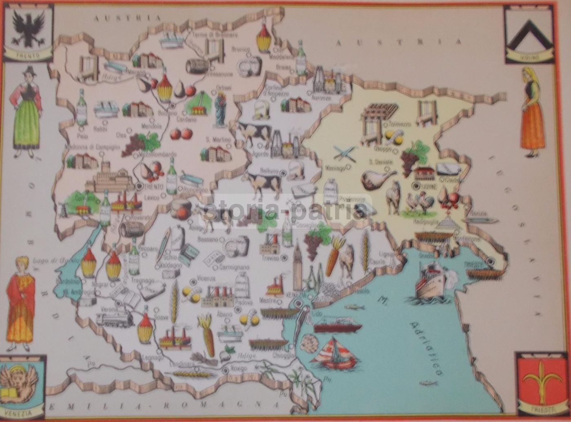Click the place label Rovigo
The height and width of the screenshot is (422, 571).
tap(239, 368)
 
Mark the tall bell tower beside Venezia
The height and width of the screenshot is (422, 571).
tap(297, 265)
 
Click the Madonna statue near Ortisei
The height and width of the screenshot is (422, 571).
tap(221, 109)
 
